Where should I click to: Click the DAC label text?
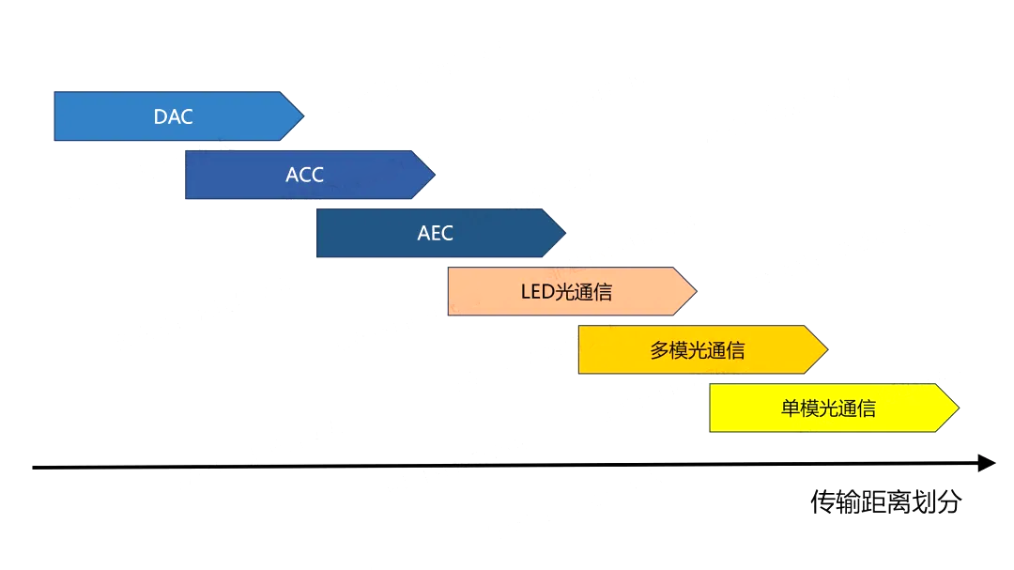[173, 117]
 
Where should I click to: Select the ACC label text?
[304, 175]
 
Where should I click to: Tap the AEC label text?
[435, 233]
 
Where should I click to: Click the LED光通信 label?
[566, 292]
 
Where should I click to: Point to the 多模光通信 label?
[697, 350]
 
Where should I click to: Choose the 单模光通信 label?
[828, 408]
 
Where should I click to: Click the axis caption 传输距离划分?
[885, 501]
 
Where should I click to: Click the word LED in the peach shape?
[537, 292]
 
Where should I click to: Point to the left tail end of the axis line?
[36, 467]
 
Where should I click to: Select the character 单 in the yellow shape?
[791, 408]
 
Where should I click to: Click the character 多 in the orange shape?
[659, 350]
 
